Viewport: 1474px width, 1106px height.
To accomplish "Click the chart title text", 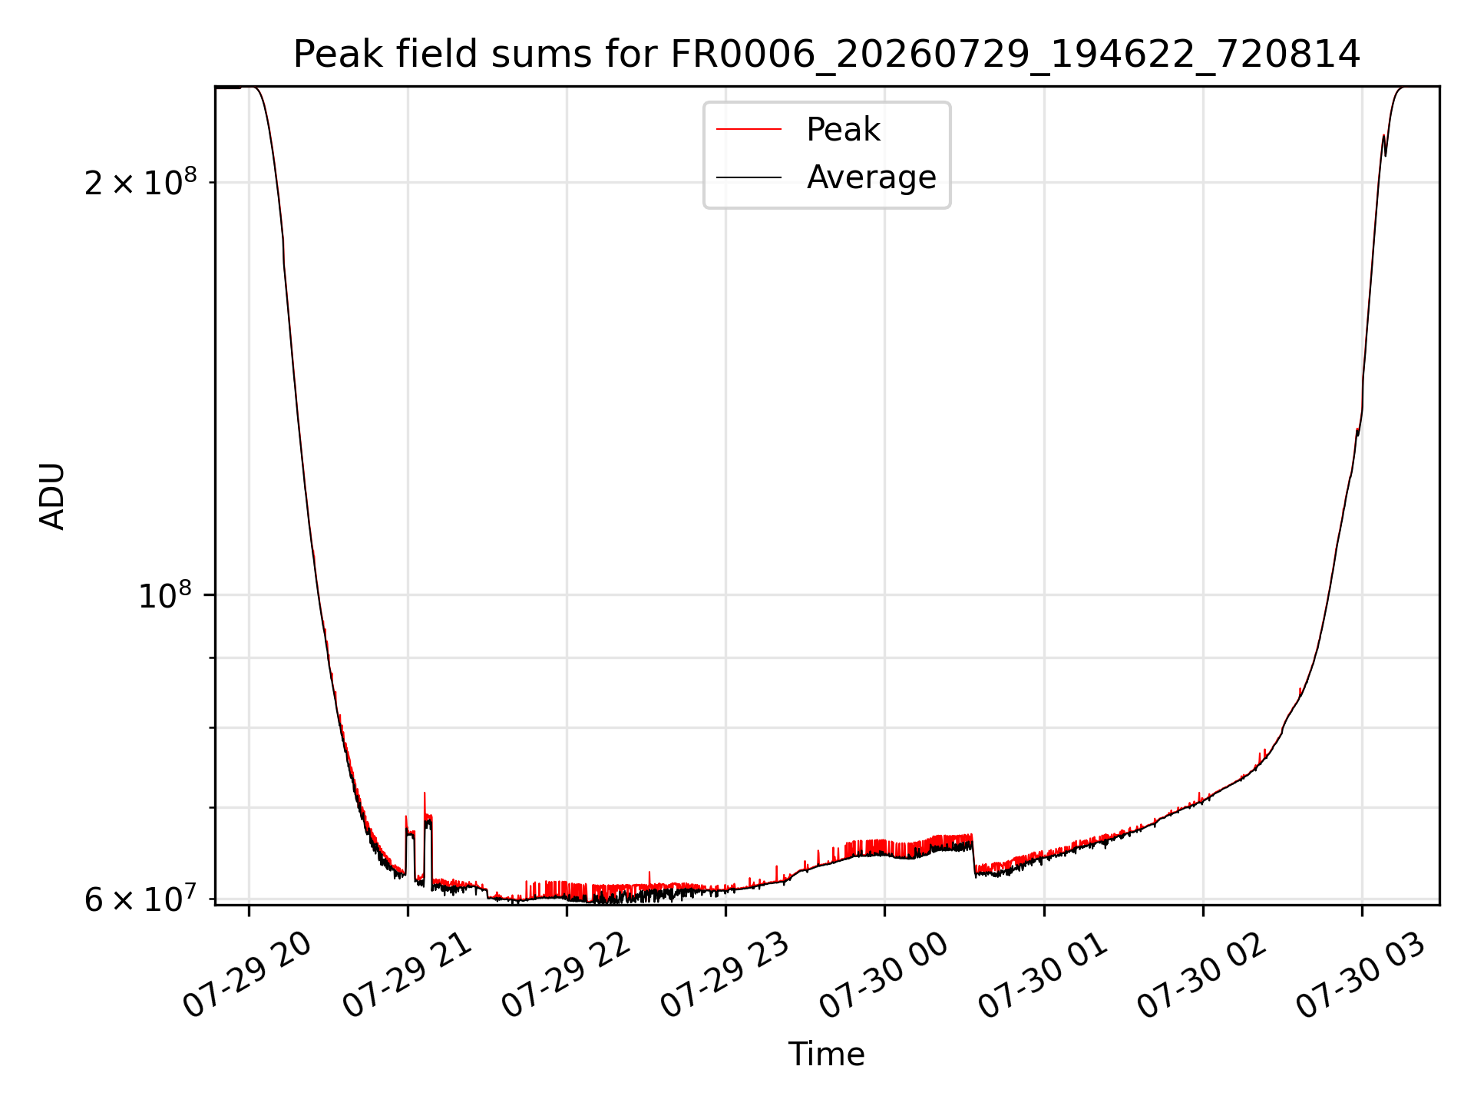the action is (x=827, y=55).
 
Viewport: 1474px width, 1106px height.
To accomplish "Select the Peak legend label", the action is (x=843, y=130).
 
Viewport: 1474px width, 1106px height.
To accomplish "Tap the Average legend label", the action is (x=871, y=177).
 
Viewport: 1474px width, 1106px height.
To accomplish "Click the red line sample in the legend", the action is (x=749, y=130).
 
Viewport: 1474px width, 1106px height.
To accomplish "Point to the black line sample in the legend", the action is (x=749, y=177).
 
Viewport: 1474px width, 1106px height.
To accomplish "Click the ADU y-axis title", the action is (x=52, y=496).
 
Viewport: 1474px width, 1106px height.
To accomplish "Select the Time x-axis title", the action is (x=827, y=1055).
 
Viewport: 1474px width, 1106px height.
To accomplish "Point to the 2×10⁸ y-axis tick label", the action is (x=140, y=182).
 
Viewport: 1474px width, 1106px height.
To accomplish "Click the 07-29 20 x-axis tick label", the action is (x=247, y=975).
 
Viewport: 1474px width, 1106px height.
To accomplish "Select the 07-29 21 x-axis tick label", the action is (x=407, y=975).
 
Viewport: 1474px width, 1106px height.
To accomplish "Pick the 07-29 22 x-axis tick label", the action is (x=566, y=975).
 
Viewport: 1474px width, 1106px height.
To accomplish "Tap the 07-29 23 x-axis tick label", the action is (x=725, y=975).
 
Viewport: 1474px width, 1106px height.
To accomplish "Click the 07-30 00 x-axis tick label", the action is (x=884, y=975).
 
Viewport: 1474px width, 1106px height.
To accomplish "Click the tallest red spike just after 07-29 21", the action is (x=425, y=794).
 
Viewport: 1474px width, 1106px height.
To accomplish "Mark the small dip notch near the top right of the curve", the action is (x=1386, y=154).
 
